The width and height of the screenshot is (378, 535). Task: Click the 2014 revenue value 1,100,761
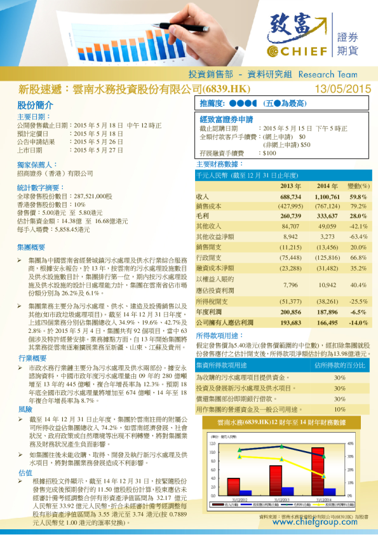327,197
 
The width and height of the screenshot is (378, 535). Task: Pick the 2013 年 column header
290,186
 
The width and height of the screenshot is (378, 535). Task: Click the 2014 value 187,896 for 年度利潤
327,313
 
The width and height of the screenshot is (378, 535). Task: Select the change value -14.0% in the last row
358,323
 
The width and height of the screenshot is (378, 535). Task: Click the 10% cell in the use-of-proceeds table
340,410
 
